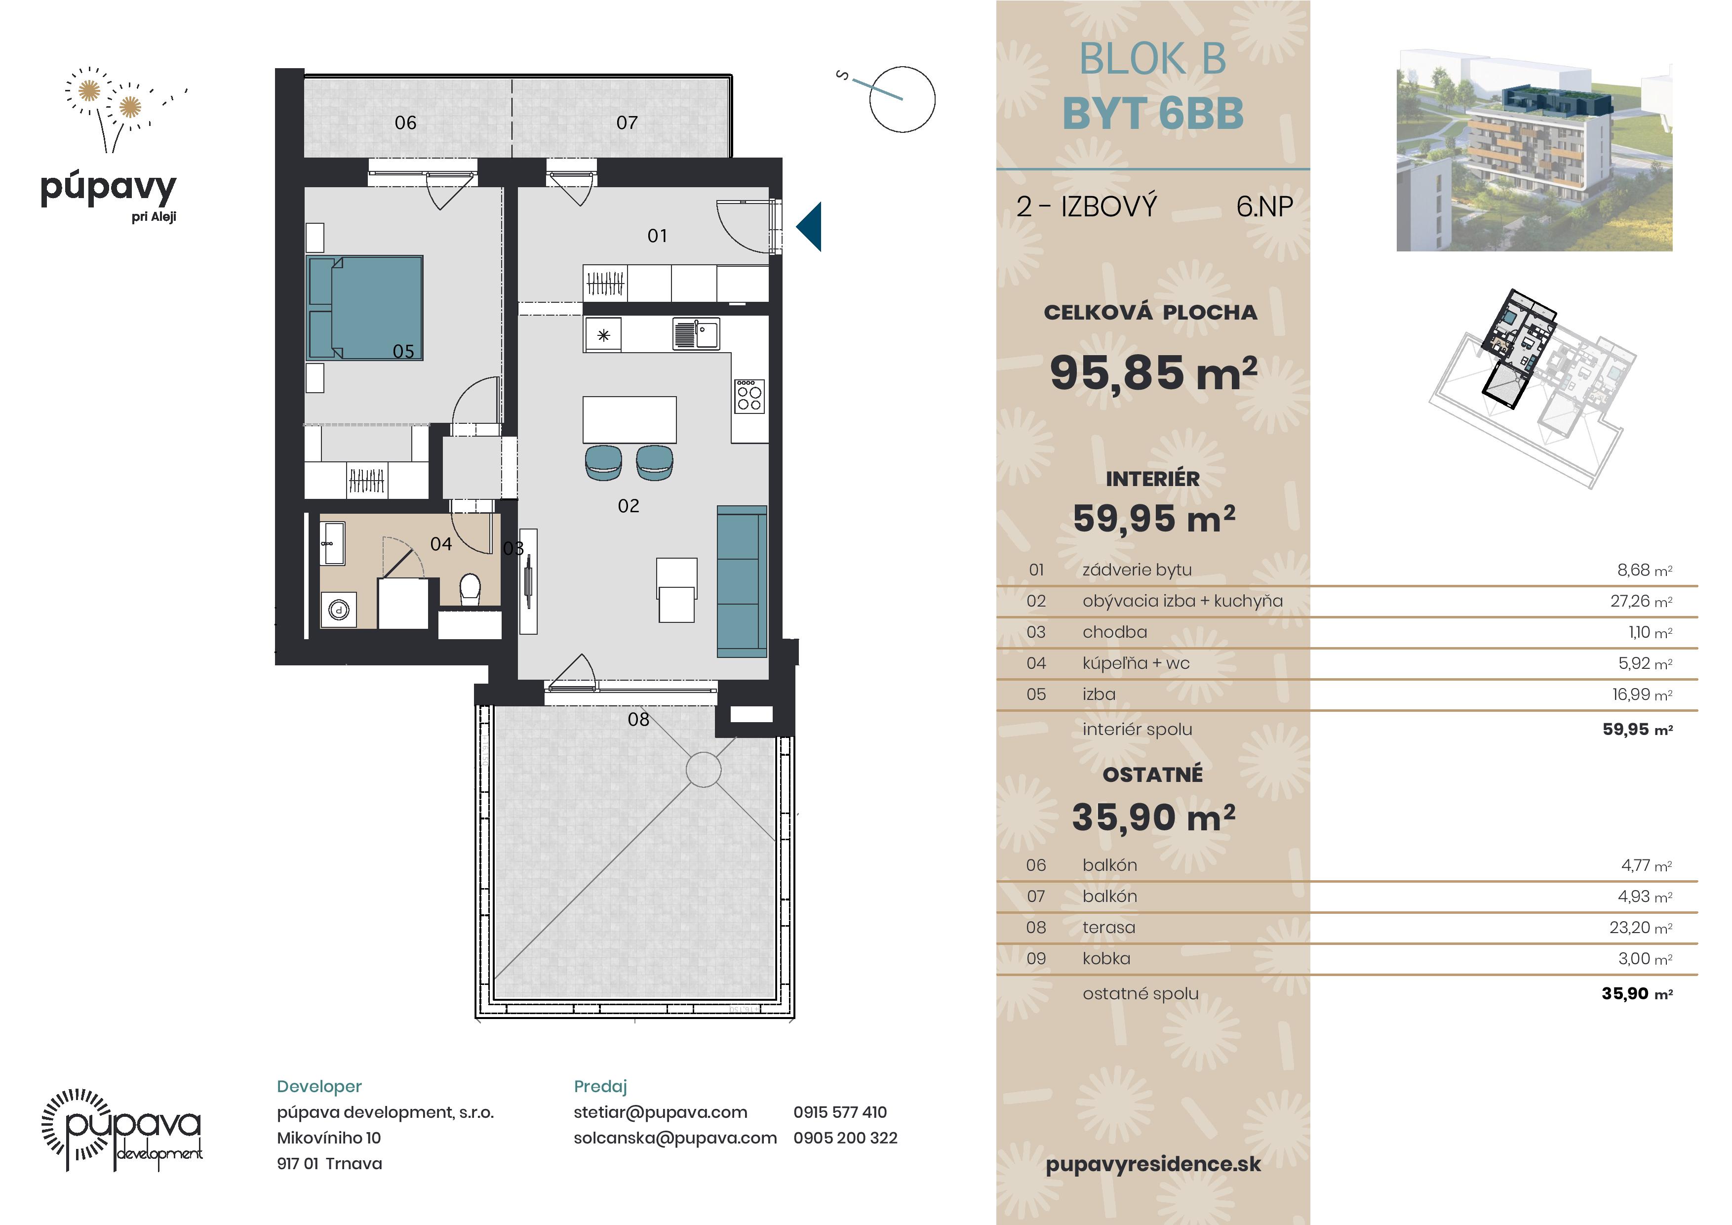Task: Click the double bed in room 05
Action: pos(364,307)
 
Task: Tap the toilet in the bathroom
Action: pos(470,589)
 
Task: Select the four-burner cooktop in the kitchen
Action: pos(749,396)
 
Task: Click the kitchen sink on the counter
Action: pos(696,333)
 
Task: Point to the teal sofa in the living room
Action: pos(742,581)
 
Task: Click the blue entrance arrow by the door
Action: pos(809,226)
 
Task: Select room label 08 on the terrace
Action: pos(638,719)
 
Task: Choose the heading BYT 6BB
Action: pos(1153,113)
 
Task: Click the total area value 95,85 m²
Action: pos(1153,373)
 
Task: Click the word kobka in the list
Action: pos(1106,959)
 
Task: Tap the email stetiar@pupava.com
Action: pos(660,1112)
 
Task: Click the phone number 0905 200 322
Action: pos(845,1138)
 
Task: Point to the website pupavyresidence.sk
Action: pos(1153,1165)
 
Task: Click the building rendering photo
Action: pos(1535,151)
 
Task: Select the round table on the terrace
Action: pos(703,770)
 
